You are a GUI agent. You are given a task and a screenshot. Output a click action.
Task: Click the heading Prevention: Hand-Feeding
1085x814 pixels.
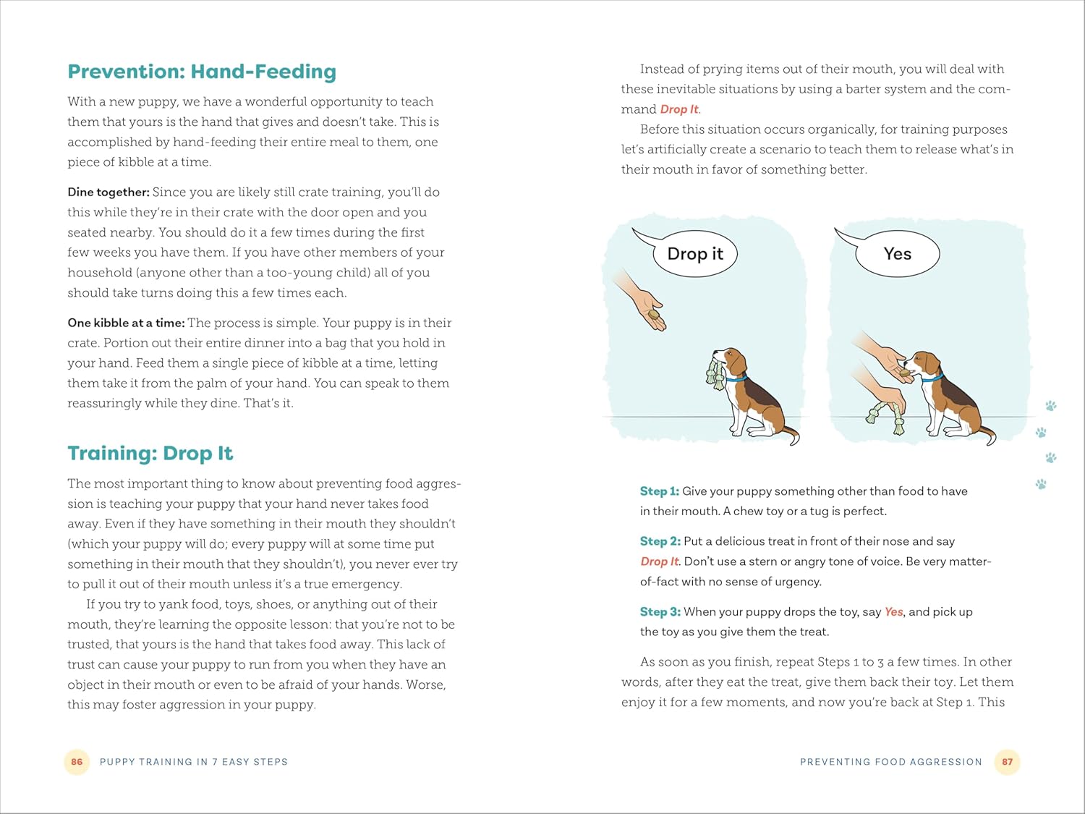click(202, 72)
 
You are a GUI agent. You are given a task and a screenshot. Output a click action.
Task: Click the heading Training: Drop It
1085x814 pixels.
click(150, 454)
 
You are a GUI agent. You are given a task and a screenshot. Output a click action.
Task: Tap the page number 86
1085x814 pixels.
click(77, 762)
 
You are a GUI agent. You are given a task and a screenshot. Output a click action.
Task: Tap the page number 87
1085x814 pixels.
click(1007, 762)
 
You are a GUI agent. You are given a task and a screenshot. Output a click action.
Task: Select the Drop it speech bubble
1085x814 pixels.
click(694, 254)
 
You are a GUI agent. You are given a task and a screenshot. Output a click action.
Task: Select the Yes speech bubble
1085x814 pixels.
click(897, 254)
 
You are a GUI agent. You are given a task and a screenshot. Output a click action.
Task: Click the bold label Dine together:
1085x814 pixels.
click(109, 192)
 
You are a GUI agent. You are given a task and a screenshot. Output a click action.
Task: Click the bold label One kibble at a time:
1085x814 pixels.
click(126, 323)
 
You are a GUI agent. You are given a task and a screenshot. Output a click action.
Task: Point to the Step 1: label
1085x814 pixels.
click(659, 491)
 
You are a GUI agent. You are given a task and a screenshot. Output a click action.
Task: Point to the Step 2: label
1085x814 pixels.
click(660, 541)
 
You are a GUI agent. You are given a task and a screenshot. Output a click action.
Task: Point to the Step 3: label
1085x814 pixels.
click(660, 612)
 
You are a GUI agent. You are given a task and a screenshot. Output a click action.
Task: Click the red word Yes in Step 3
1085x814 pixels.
click(893, 612)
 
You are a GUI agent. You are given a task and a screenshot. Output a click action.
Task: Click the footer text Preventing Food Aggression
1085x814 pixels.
click(890, 762)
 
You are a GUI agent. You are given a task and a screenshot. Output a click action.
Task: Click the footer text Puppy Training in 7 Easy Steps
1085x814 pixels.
click(194, 762)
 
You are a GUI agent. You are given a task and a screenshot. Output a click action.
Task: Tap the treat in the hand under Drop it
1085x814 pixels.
click(655, 315)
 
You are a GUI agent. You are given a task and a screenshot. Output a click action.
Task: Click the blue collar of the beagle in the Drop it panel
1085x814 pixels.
click(736, 378)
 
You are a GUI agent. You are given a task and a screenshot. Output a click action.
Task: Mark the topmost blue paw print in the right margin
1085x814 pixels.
click(1051, 406)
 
